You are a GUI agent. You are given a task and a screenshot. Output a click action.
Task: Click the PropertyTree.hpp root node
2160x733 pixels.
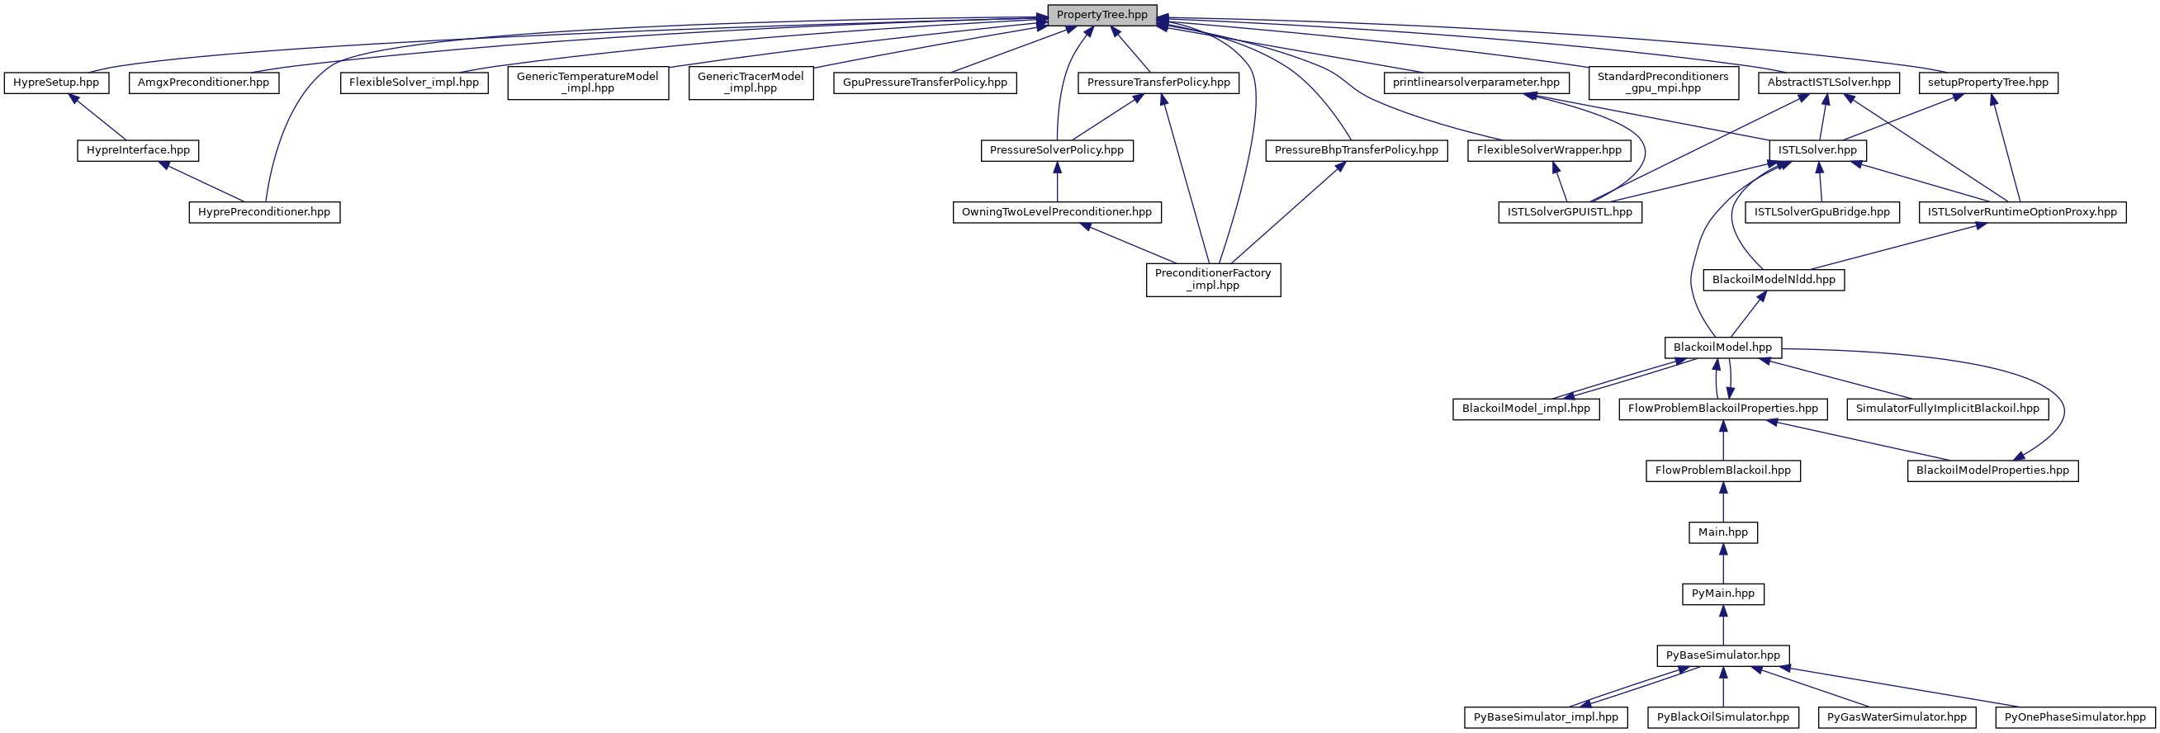[x=1101, y=15]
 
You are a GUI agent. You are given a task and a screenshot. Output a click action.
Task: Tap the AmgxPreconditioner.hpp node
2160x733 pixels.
[x=204, y=83]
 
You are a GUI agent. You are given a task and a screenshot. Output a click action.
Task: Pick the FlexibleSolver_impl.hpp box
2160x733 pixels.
[x=414, y=83]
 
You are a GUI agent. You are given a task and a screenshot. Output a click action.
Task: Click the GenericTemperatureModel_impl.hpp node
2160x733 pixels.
[x=588, y=83]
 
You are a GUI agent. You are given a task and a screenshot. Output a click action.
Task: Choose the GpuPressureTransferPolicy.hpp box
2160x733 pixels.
[x=925, y=83]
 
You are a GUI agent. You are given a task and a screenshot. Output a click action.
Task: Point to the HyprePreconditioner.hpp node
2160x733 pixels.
[x=264, y=212]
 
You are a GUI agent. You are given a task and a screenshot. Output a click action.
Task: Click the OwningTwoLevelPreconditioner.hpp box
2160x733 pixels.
[x=1057, y=212]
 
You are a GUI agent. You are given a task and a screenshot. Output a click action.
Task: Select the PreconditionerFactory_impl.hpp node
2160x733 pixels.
[x=1213, y=279]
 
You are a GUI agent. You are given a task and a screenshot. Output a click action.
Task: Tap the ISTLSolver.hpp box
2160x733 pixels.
[x=1818, y=150]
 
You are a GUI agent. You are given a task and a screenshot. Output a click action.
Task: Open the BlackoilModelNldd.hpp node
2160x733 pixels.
[x=1774, y=279]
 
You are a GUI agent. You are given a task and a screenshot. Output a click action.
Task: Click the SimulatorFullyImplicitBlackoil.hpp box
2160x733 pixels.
[x=1947, y=409]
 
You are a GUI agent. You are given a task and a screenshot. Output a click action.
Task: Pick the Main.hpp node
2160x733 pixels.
[x=1723, y=532]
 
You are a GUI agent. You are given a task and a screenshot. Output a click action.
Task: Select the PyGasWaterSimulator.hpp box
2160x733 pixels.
[x=1897, y=717]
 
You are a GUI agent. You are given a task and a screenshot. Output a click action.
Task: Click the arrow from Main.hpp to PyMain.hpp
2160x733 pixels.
[x=1723, y=563]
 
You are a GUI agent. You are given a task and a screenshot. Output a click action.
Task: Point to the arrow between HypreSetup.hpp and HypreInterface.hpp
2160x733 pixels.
[x=99, y=116]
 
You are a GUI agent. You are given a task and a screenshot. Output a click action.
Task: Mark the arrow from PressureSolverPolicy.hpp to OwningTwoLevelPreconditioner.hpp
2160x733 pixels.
[x=1057, y=181]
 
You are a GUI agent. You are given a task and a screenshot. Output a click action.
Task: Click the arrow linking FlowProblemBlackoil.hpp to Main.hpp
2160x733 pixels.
[x=1723, y=502]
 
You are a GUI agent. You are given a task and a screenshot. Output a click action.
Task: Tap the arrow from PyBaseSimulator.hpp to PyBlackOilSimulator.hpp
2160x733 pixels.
[x=1723, y=686]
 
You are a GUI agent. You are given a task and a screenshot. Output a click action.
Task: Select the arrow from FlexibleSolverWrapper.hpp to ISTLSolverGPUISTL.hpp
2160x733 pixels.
[x=1560, y=181]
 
